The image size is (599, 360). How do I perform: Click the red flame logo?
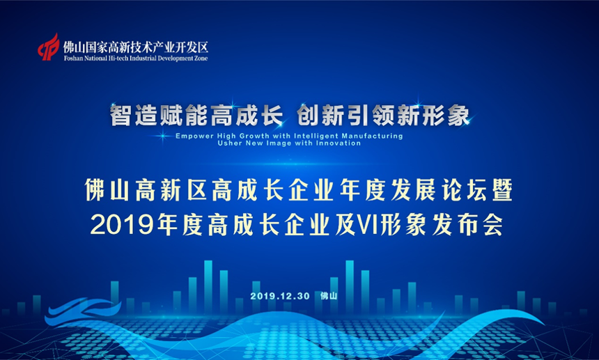click(49, 47)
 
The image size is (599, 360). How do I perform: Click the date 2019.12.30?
click(280, 296)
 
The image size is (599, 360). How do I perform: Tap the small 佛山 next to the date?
click(329, 296)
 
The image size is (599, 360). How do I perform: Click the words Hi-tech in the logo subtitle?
click(119, 58)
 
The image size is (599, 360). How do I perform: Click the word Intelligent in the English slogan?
click(316, 136)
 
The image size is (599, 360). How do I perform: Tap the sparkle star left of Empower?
click(162, 136)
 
